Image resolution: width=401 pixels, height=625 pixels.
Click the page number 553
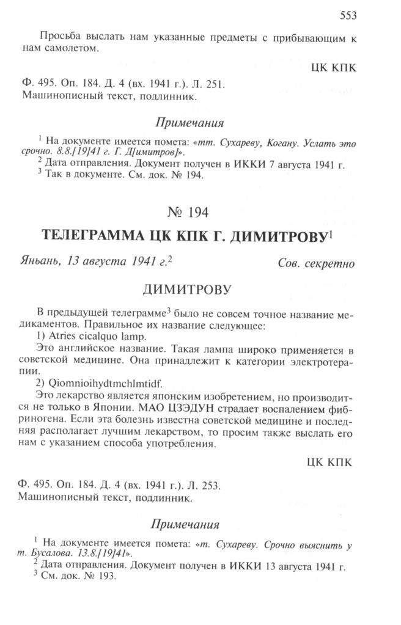pyautogui.click(x=347, y=15)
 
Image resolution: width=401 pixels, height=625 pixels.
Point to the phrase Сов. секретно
pyautogui.click(x=315, y=265)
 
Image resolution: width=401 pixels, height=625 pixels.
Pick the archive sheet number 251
pyautogui.click(x=217, y=84)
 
